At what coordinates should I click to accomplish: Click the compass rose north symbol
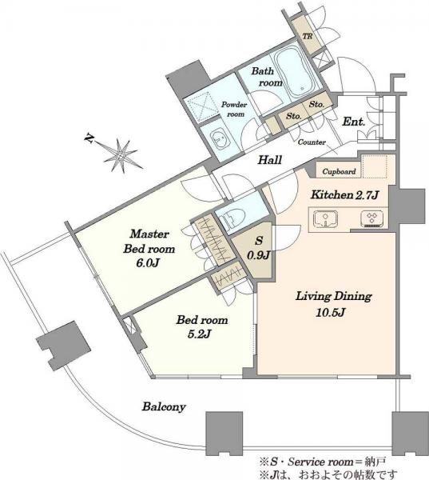pyautogui.click(x=118, y=153)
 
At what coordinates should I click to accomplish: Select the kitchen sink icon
pyautogui.click(x=326, y=219)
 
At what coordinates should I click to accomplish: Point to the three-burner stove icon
pyautogui.click(x=372, y=219)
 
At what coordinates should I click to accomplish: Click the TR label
pyautogui.click(x=308, y=36)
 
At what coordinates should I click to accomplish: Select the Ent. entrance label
pyautogui.click(x=354, y=122)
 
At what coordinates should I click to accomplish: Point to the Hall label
pyautogui.click(x=269, y=160)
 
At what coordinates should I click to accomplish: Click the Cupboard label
pyautogui.click(x=339, y=172)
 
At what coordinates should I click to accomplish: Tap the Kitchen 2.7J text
pyautogui.click(x=345, y=195)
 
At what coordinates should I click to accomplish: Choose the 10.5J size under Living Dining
pyautogui.click(x=331, y=312)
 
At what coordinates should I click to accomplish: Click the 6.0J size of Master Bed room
pyautogui.click(x=148, y=263)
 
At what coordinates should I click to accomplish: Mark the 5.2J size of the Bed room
pyautogui.click(x=199, y=334)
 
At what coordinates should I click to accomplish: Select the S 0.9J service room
pyautogui.click(x=258, y=248)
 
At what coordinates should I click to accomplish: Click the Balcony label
pyautogui.click(x=164, y=407)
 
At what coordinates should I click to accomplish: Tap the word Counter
pyautogui.click(x=312, y=142)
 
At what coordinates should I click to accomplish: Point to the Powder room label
pyautogui.click(x=234, y=109)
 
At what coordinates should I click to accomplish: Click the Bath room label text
pyautogui.click(x=267, y=77)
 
